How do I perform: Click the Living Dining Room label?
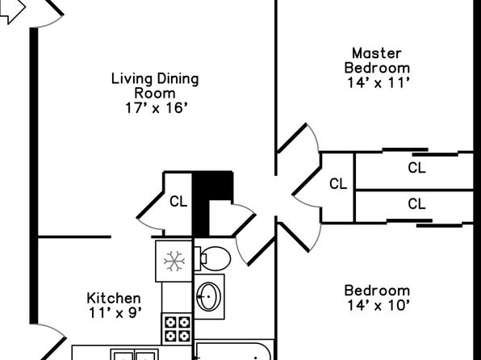[x=155, y=86]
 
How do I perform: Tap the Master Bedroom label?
[x=377, y=61]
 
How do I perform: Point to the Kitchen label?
[x=114, y=298]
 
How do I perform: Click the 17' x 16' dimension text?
[x=156, y=108]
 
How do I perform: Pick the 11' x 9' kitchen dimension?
[x=115, y=313]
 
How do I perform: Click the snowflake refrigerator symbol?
[x=174, y=262]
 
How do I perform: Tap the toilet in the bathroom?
[x=212, y=258]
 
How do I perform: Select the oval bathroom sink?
[x=208, y=296]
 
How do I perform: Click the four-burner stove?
[x=177, y=329]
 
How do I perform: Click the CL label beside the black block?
[x=178, y=202]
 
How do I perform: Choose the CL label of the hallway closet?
[x=338, y=184]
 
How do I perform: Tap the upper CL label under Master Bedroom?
[x=416, y=168]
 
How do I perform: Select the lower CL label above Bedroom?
[x=416, y=203]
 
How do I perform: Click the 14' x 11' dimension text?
[x=379, y=83]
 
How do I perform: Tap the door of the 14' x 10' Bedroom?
[x=294, y=237]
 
